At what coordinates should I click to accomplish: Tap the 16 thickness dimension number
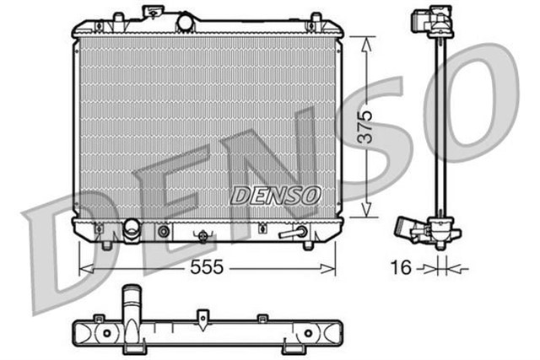[402, 268]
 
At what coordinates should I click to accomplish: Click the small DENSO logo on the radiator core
[276, 195]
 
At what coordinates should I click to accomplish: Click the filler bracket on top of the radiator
[152, 11]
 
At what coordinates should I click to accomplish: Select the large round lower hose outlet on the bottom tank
[132, 228]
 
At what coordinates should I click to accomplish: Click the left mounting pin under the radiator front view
[106, 245]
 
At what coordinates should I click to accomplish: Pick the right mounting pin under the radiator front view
[308, 244]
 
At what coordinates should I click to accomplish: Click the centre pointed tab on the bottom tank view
[203, 318]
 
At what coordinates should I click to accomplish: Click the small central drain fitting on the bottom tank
[202, 236]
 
